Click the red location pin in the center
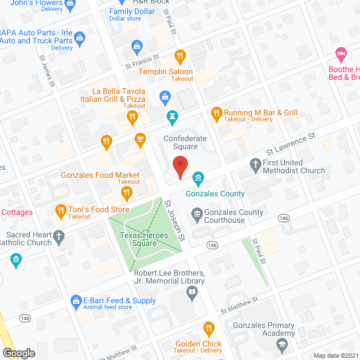[179, 166]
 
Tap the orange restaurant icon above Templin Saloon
[180, 56]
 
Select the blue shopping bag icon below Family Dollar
[136, 46]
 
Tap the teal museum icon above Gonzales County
[198, 179]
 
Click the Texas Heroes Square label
[137, 239]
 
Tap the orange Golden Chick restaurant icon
[209, 328]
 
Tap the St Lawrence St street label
[290, 146]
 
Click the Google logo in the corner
[19, 353]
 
